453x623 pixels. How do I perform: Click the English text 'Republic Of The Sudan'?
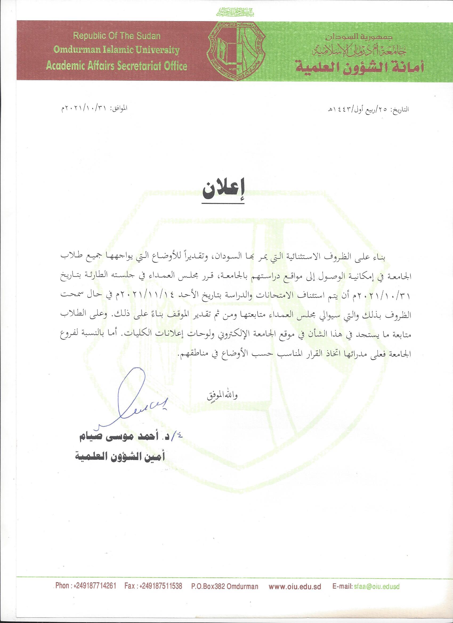tap(117, 36)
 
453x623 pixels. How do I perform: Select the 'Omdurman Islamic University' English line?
tap(116, 50)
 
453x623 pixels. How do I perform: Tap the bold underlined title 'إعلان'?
tap(224, 192)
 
